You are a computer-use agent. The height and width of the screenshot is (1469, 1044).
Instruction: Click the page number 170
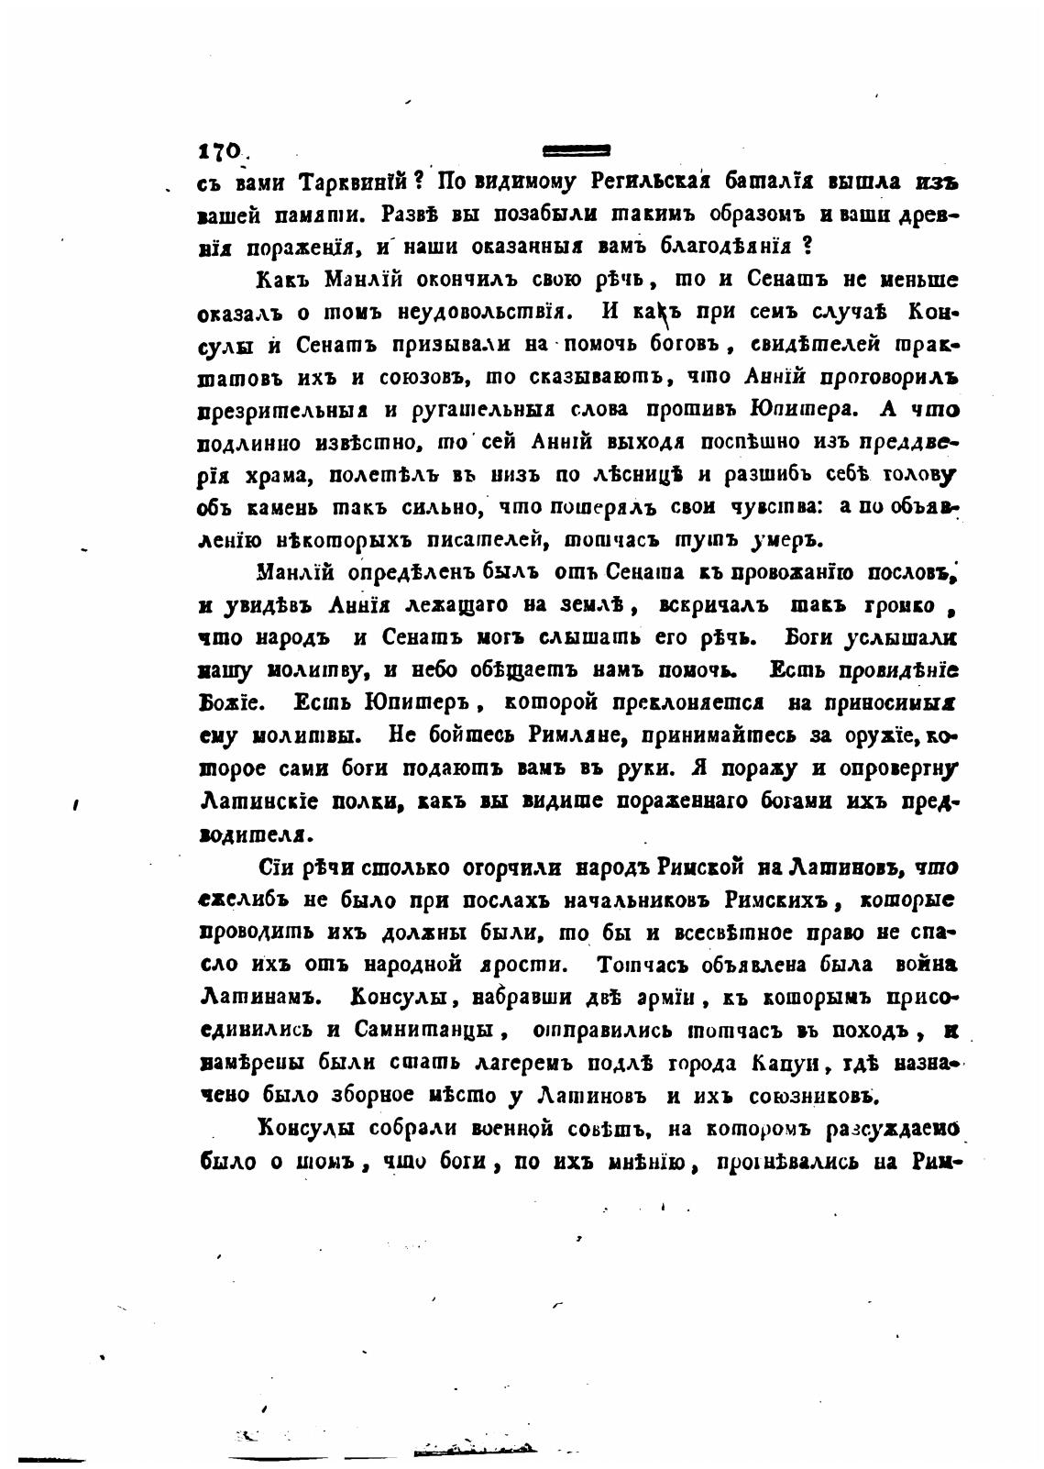(220, 151)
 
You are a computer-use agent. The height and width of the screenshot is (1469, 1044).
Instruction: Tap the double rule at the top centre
(577, 149)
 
